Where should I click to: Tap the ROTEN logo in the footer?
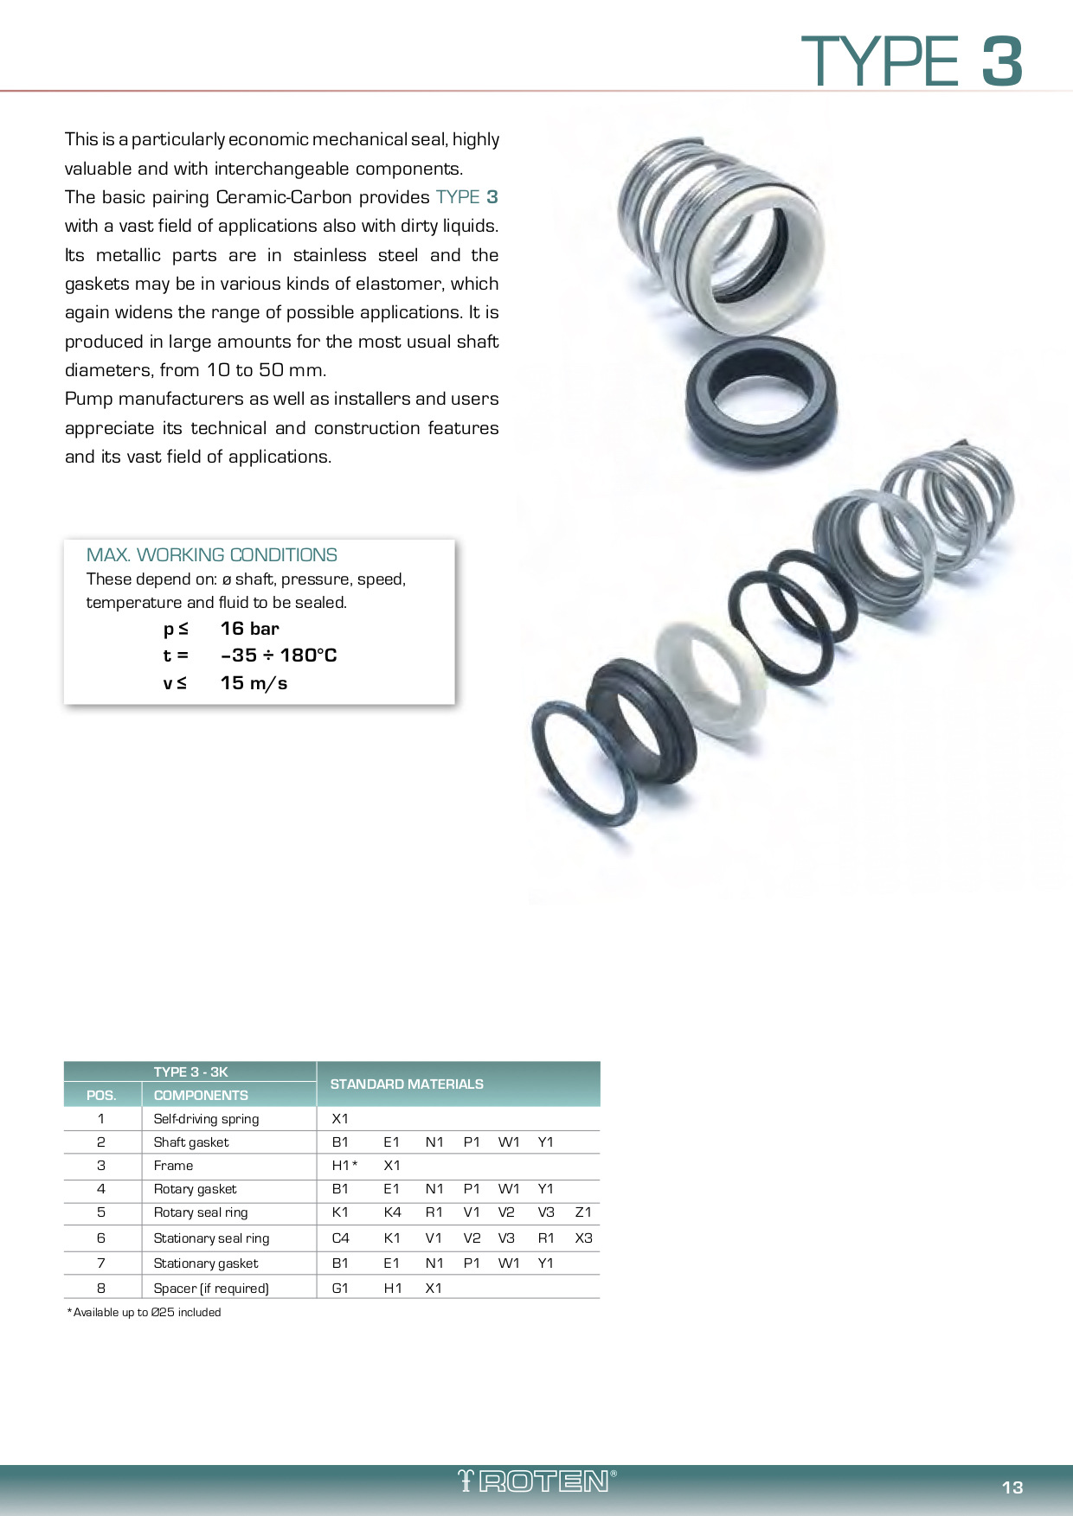click(537, 1481)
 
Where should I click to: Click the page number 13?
click(1012, 1487)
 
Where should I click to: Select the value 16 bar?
click(249, 629)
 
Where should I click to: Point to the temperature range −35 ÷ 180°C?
click(278, 656)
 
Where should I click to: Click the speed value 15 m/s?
click(254, 683)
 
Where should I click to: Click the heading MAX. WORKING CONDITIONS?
click(211, 555)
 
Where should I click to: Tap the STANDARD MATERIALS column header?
click(407, 1084)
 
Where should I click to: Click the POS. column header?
click(101, 1096)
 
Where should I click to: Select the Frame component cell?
click(173, 1166)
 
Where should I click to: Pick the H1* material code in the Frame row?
click(344, 1166)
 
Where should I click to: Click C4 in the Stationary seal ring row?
click(341, 1238)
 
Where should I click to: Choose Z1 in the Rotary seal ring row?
click(583, 1212)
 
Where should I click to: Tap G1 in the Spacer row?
click(340, 1289)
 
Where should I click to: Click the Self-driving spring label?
click(206, 1119)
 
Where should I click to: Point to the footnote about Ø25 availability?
click(145, 1313)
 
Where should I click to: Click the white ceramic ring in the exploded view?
click(710, 679)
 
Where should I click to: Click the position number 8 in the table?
click(101, 1289)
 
